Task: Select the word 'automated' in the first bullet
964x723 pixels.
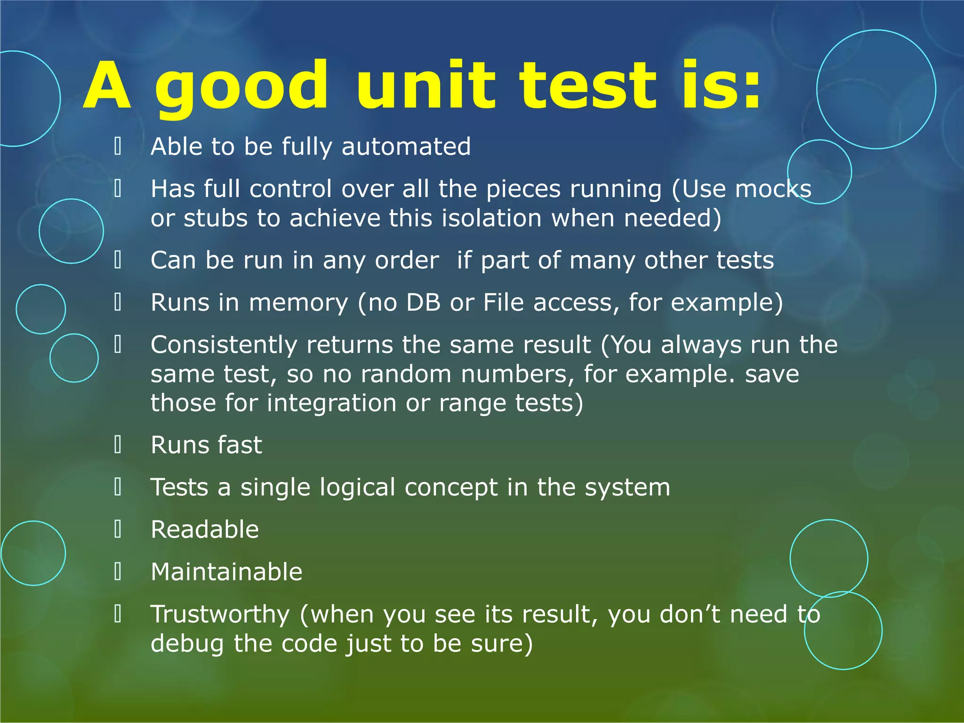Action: [406, 146]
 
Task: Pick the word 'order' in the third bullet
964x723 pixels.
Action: [407, 260]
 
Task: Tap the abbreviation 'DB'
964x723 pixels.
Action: [423, 302]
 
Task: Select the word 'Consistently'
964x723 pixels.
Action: [224, 345]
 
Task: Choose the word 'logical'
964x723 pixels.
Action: [357, 487]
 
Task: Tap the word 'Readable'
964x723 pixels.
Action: [205, 530]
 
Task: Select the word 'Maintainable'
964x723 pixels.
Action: [226, 572]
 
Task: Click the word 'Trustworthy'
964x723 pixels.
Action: [220, 615]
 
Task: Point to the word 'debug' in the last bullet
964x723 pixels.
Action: [187, 644]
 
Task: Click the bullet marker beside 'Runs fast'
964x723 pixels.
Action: [118, 445]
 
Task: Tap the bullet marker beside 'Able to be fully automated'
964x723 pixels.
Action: [118, 146]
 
